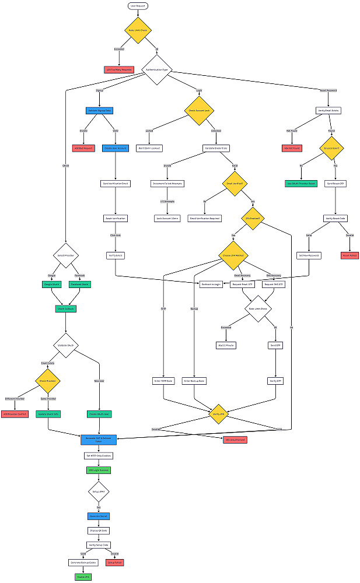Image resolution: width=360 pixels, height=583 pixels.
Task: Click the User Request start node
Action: (x=138, y=5)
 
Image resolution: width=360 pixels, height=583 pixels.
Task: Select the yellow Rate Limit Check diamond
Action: (x=138, y=30)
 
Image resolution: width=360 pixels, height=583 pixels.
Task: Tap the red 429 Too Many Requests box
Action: (x=119, y=69)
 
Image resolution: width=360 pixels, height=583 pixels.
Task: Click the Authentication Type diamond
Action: (x=156, y=69)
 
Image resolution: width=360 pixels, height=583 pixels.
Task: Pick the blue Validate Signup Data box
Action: (x=99, y=110)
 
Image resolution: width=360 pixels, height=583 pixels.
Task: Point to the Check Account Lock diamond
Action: (x=199, y=110)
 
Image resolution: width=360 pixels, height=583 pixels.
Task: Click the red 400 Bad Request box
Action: (x=83, y=148)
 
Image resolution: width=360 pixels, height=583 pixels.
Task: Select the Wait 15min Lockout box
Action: (x=149, y=148)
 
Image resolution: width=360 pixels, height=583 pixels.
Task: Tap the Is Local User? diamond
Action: (x=332, y=148)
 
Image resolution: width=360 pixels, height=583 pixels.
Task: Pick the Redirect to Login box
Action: (x=212, y=285)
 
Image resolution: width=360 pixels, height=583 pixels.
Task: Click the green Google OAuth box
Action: (x=52, y=285)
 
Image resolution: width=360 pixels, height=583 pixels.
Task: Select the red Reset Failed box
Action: (x=349, y=255)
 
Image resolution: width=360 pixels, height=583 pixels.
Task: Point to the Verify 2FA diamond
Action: (x=218, y=413)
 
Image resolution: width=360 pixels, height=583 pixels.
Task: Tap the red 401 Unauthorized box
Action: (x=235, y=439)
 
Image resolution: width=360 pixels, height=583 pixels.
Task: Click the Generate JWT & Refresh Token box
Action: (x=99, y=439)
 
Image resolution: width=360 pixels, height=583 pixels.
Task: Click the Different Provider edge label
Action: (x=15, y=399)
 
